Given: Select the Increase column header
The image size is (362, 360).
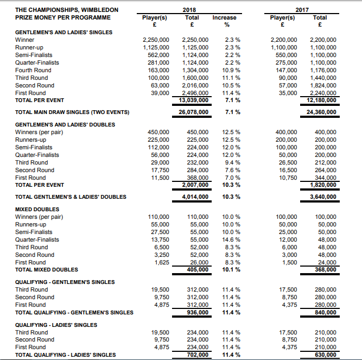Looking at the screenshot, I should click(x=224, y=17).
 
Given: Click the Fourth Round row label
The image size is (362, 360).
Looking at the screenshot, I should click(x=33, y=70).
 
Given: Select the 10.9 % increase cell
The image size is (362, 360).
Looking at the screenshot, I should click(x=232, y=70).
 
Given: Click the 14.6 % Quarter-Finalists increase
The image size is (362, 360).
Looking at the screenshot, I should click(x=232, y=239).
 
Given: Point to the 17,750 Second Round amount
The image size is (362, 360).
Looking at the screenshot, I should click(x=159, y=170).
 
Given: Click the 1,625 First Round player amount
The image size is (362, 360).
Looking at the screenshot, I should click(x=161, y=262).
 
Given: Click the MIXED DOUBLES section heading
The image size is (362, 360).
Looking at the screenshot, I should click(x=37, y=209).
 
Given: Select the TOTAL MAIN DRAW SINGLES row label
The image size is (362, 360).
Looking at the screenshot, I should click(x=72, y=112).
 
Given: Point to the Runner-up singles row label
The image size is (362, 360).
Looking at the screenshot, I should click(x=29, y=47).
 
